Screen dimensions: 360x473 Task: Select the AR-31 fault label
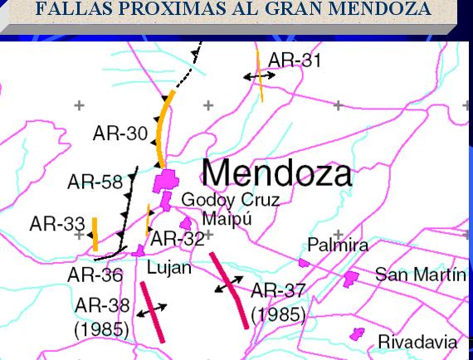[x=295, y=61]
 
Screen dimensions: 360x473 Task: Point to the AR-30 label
[x=119, y=133]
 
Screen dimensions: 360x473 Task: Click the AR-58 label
[x=95, y=182]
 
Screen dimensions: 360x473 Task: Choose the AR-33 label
[x=56, y=224]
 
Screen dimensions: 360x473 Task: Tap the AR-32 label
[x=177, y=239]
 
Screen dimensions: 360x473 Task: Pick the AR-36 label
[x=95, y=275]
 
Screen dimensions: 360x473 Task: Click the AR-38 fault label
[x=102, y=305]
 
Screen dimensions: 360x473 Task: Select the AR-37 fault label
[x=278, y=290]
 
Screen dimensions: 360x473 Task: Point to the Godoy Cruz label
[x=230, y=201]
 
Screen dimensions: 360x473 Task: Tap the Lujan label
[x=168, y=268]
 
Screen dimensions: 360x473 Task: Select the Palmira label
[x=338, y=246]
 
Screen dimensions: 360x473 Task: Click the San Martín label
[x=421, y=275]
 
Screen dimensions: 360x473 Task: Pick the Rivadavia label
[x=417, y=342]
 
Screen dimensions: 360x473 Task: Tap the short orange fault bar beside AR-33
[x=95, y=234]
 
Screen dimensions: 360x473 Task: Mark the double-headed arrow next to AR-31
[x=259, y=75]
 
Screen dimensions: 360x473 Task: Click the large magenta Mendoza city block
[x=166, y=180]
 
